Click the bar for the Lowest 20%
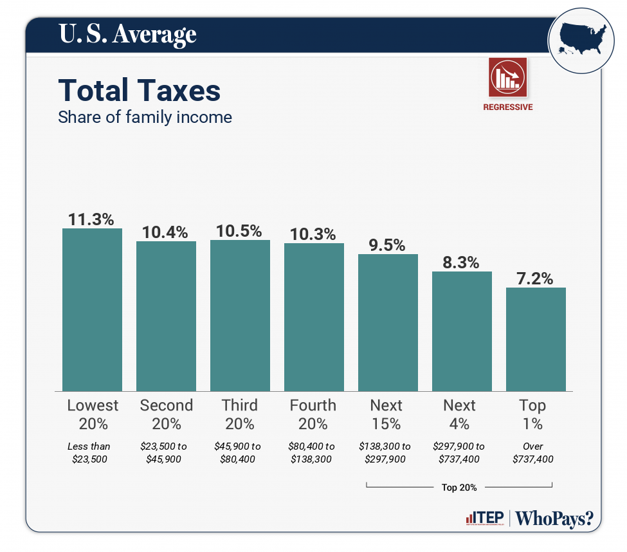point(92,309)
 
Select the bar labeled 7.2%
point(536,339)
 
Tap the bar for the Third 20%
point(240,315)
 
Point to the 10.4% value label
point(165,232)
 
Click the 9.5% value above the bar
point(387,245)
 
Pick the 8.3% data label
point(461,262)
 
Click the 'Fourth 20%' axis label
point(313,414)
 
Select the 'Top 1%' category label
point(532,414)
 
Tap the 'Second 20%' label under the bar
point(166,414)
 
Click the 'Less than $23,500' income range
point(89,452)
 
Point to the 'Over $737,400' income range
point(532,452)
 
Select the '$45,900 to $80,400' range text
point(237,452)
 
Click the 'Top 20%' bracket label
point(459,487)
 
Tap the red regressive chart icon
point(508,77)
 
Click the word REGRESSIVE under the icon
point(508,107)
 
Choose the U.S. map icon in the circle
point(580,40)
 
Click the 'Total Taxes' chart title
point(140,91)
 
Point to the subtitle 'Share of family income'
point(145,117)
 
